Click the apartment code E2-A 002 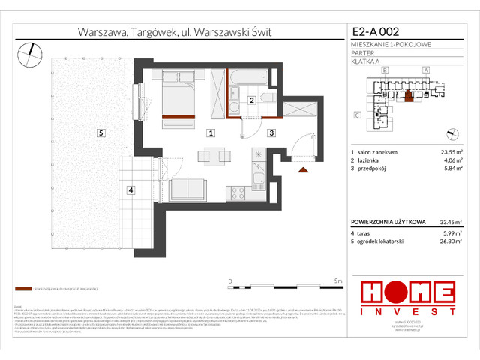point(376,32)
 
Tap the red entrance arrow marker point(303,172)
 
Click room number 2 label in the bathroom point(252,100)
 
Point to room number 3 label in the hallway point(271,133)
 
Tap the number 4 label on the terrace point(130,190)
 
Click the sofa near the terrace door point(192,190)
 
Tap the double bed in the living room point(178,94)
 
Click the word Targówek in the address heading point(154,32)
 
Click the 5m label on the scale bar point(338,280)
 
